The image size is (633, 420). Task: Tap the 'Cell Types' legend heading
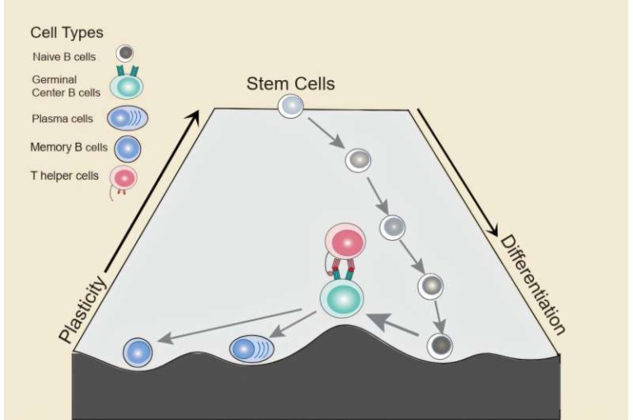point(67,33)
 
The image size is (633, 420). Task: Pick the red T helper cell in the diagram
point(347,243)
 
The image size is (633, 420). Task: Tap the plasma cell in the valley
point(254,349)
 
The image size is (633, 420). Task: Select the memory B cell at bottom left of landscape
point(138,352)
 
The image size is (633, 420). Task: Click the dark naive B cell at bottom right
point(439,345)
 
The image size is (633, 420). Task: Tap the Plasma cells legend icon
point(129,118)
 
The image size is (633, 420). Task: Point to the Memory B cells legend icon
point(129,149)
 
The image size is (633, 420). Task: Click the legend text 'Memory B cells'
point(68,148)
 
